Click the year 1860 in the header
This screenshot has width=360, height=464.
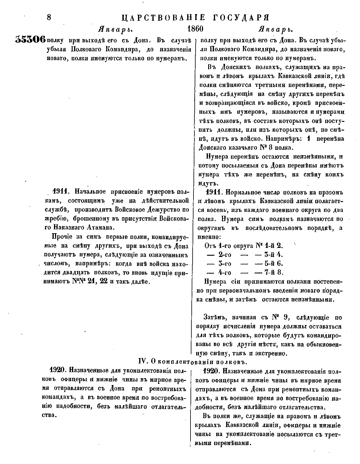coord(195,29)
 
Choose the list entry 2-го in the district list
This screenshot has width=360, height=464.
coord(225,255)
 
